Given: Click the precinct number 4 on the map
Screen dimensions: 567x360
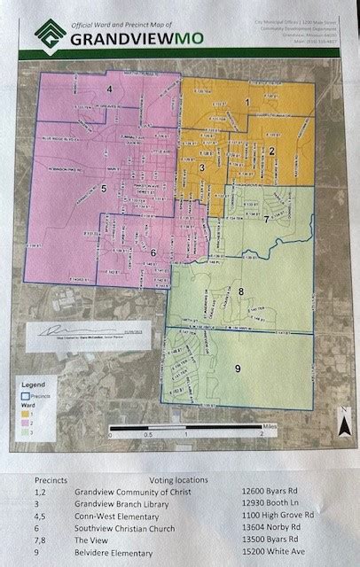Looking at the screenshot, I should tap(110, 90).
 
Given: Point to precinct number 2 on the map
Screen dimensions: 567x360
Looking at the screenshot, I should tap(272, 152).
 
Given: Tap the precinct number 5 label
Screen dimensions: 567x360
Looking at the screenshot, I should tap(105, 189).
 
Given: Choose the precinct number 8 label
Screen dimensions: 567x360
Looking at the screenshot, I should tap(241, 291).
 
